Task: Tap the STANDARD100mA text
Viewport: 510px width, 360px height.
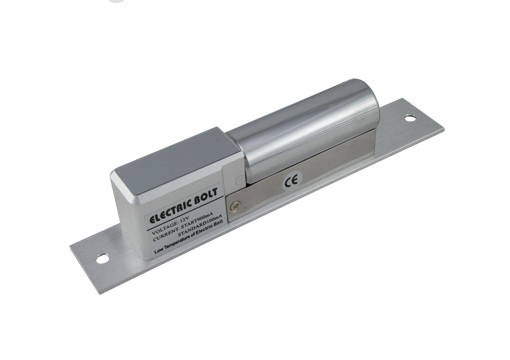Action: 196,239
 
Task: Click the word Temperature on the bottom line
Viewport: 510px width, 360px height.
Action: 176,254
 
